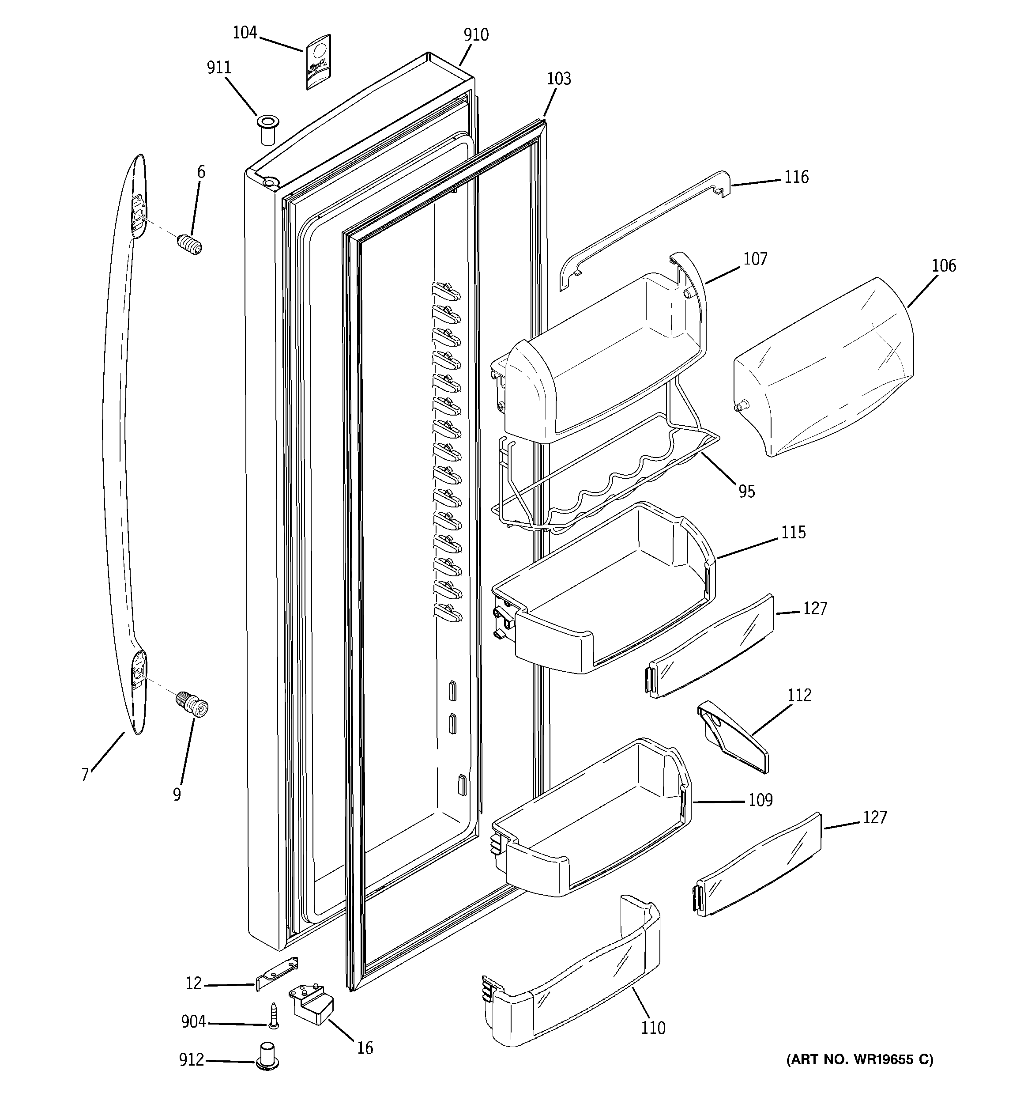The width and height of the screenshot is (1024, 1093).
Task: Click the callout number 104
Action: tap(245, 33)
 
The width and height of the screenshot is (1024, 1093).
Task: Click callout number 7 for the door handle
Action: tap(85, 775)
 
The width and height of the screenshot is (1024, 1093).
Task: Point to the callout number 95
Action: tap(746, 491)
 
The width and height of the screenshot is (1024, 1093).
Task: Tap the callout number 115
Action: tap(793, 532)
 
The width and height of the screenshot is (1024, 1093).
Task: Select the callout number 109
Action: tap(760, 800)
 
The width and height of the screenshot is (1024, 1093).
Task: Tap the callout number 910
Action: tap(475, 34)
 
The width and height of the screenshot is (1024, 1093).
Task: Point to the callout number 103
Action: tap(558, 79)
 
